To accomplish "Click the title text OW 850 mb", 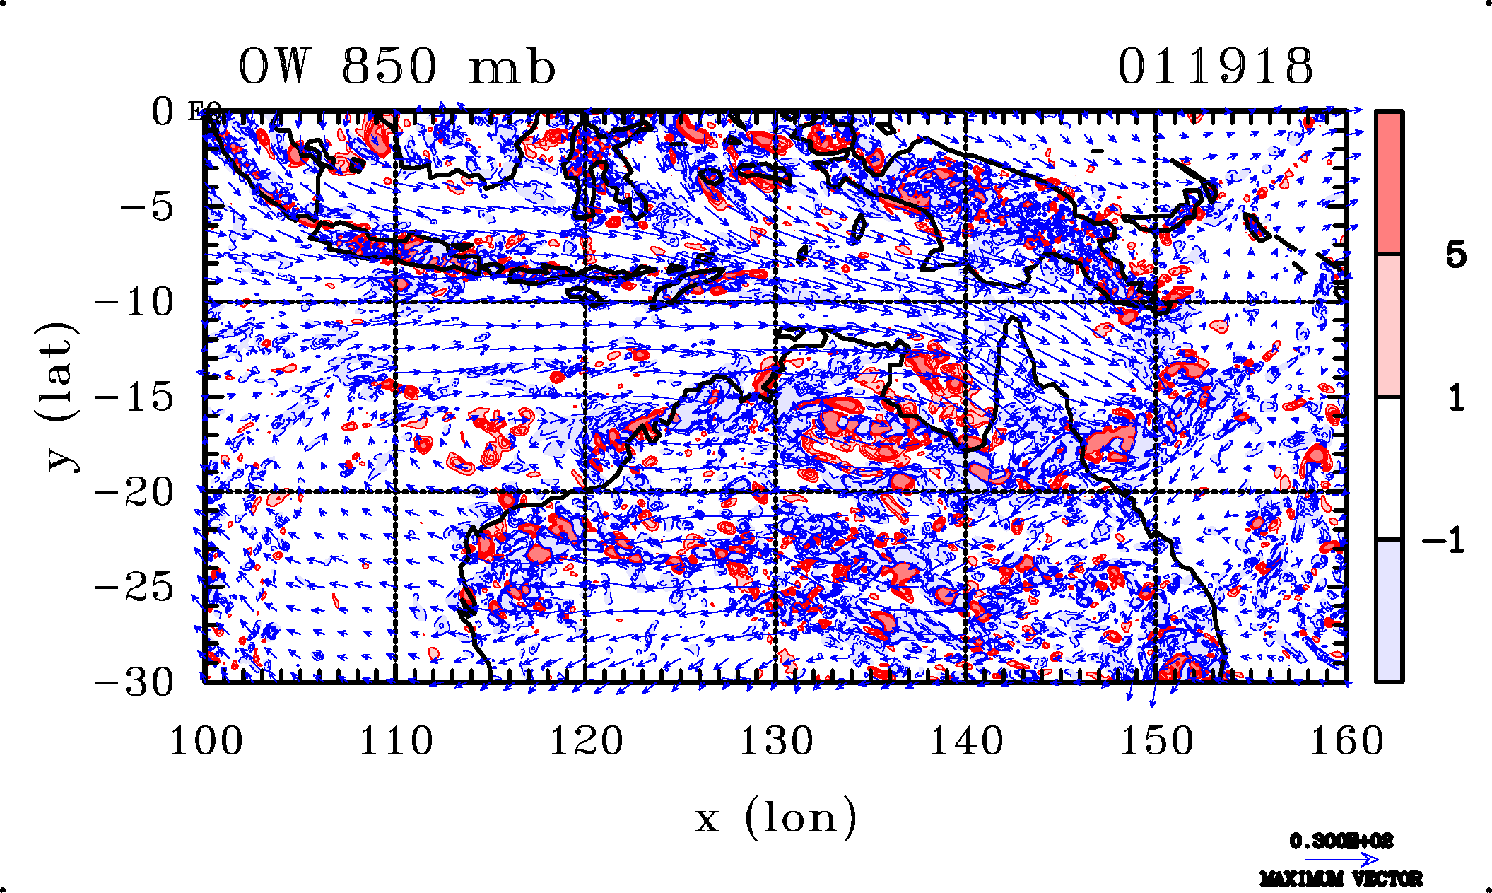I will click(x=397, y=68).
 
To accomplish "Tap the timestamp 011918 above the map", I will click(x=1215, y=68).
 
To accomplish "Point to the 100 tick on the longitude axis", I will click(x=206, y=742).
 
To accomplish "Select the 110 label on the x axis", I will click(x=396, y=742).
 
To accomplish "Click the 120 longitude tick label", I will click(x=586, y=742).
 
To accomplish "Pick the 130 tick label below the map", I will click(x=776, y=742).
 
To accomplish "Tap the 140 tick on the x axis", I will click(x=966, y=742).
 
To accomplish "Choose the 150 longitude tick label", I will click(x=1156, y=742).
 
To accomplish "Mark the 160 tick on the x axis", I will click(x=1346, y=742).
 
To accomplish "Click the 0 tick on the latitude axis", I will click(x=163, y=112).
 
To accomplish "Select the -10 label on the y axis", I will click(x=134, y=303).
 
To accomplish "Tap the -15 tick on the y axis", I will click(x=134, y=397).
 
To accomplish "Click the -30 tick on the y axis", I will click(x=134, y=683).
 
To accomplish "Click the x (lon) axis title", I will click(x=775, y=818).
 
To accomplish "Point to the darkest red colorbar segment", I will click(x=1389, y=182).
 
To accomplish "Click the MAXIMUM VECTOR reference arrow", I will click(x=1341, y=860).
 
